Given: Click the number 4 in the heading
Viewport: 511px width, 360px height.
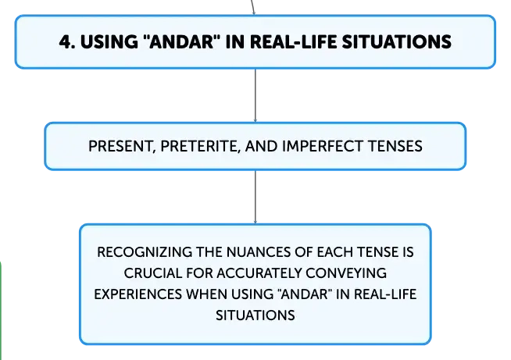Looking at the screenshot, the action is [x=65, y=42].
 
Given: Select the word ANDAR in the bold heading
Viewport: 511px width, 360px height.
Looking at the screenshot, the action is [x=181, y=41].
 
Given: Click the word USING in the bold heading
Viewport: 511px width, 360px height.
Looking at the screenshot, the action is [x=109, y=42].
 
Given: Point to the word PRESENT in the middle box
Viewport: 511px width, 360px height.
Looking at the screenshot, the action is [x=120, y=147].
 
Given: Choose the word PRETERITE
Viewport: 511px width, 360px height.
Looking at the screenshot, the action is [x=201, y=147].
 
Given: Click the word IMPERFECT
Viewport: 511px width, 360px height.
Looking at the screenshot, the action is [x=323, y=146].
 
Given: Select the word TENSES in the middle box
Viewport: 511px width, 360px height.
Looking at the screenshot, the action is [x=395, y=146].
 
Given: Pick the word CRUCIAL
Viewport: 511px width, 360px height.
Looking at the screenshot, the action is [x=152, y=273].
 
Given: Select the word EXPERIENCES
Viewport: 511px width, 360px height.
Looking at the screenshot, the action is [x=138, y=294].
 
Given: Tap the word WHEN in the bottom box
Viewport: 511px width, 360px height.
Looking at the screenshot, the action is [x=206, y=294].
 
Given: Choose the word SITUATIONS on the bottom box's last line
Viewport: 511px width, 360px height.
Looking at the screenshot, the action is [x=256, y=315].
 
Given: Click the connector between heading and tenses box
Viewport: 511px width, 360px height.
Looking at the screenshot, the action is [x=256, y=95].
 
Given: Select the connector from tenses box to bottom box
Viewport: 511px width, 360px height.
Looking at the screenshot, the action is [x=256, y=197].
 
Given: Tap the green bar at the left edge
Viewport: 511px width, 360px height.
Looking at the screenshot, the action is [x=1, y=309].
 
